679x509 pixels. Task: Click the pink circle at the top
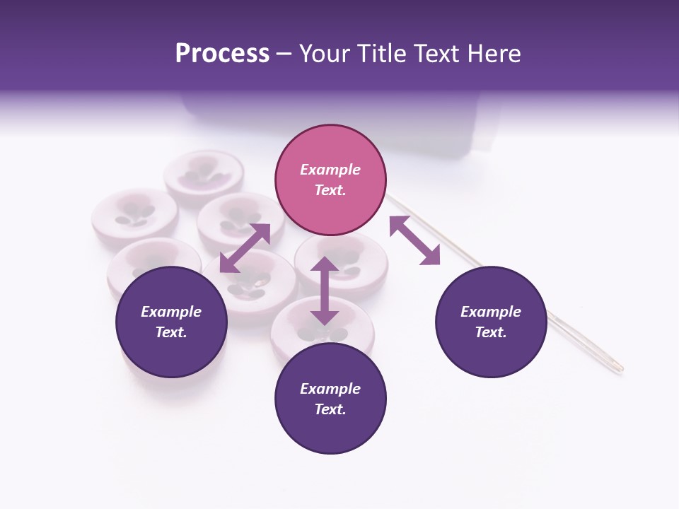coord(330,180)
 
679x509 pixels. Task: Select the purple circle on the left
coord(171,322)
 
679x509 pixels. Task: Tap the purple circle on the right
coord(491,322)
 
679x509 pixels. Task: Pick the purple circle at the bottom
coord(330,399)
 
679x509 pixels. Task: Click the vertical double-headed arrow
coord(325,291)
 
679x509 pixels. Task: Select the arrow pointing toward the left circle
coord(245,248)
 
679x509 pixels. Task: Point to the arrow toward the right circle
coord(414,240)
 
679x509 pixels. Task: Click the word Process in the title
coord(222,54)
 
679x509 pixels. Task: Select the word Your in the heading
coord(323,54)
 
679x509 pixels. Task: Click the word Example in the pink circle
coord(330,170)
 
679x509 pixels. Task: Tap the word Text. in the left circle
coord(171,332)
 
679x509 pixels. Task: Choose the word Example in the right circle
coord(491,312)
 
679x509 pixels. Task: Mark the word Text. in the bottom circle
coord(330,409)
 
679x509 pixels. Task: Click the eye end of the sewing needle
coord(617,367)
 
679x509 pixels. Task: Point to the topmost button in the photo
coord(203,177)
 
